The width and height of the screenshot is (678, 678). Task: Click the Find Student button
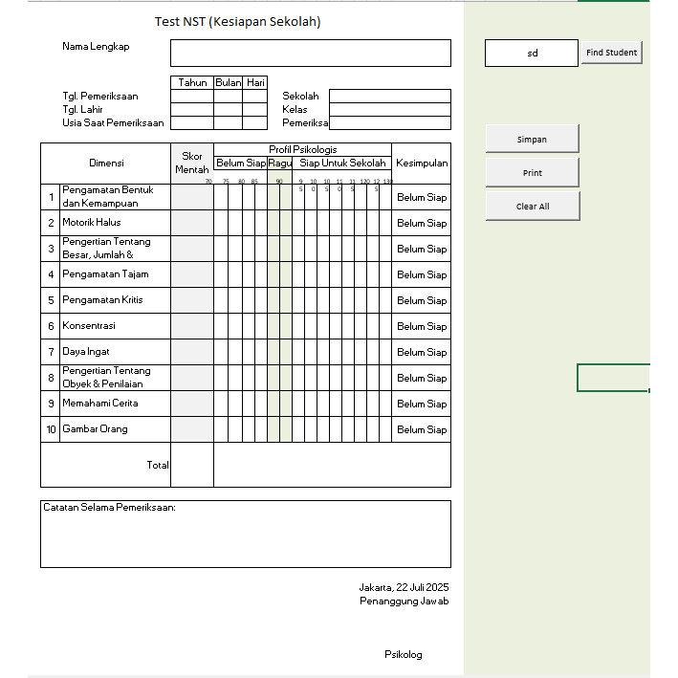pos(611,53)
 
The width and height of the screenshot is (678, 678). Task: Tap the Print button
pos(533,173)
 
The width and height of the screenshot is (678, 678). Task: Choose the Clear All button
pos(533,207)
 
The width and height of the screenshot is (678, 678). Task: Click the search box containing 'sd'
pos(532,54)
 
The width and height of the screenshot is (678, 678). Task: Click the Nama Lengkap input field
pos(310,53)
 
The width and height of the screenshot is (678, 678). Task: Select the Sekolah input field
pos(389,96)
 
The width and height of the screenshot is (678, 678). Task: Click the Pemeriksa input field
pos(389,122)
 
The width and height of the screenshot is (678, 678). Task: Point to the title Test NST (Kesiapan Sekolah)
pos(237,21)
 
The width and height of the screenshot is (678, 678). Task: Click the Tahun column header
pos(192,82)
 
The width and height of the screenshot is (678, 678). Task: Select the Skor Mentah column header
pos(191,163)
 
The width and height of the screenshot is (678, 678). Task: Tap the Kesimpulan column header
pos(422,164)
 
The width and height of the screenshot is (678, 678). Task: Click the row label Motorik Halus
pos(92,223)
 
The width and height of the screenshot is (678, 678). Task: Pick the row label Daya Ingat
pos(86,352)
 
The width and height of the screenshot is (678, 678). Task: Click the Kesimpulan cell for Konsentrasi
pos(422,326)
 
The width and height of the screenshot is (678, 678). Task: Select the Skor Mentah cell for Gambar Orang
pos(191,429)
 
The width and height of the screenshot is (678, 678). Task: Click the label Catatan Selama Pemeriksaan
pos(109,508)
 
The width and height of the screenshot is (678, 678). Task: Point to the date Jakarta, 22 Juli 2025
pos(404,587)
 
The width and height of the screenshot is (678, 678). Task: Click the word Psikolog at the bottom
pos(403,655)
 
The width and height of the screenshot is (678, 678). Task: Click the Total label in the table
pos(157,465)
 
